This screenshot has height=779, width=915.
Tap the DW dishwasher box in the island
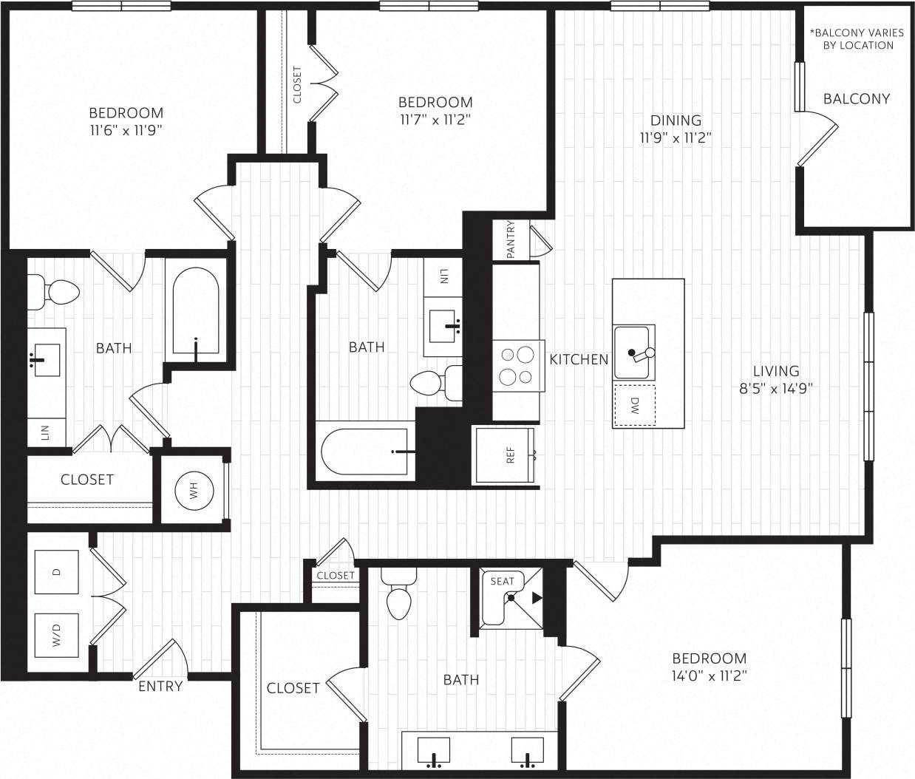[634, 404]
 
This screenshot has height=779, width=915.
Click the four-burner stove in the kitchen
[516, 365]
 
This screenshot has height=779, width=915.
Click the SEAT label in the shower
[502, 582]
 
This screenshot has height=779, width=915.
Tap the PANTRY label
[511, 239]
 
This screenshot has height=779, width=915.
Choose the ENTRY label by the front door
[160, 687]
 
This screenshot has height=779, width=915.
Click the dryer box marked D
[57, 571]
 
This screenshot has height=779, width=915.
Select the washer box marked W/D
[57, 634]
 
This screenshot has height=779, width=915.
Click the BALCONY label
[856, 98]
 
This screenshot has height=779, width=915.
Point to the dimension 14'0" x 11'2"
[709, 676]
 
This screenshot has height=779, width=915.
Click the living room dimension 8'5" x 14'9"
[776, 389]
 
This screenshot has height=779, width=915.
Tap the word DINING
[676, 120]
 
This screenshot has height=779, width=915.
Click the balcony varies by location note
[857, 39]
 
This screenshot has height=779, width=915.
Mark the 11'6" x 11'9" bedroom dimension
[126, 131]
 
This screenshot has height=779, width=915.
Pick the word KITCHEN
[579, 359]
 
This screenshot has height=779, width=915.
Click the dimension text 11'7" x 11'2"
[435, 120]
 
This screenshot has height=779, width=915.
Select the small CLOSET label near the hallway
[336, 575]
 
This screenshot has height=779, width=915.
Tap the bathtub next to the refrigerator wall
[364, 451]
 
